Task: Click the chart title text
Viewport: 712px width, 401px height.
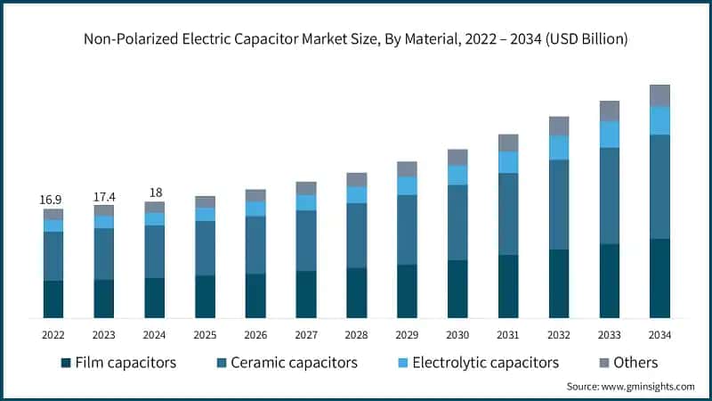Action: [356, 39]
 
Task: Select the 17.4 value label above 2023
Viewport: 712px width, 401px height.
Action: [104, 195]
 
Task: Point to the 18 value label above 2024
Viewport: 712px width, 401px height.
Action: [155, 192]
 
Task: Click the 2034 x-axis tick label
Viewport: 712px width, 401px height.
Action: [659, 335]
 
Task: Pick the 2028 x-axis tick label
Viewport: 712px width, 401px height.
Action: [356, 335]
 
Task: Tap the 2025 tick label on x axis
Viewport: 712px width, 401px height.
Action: [205, 335]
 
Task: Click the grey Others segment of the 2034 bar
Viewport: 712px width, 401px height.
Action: [659, 95]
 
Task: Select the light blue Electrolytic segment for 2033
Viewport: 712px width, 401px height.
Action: [609, 134]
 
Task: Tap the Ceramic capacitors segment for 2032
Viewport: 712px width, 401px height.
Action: [558, 204]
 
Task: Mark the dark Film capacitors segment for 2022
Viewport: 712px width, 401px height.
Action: [53, 299]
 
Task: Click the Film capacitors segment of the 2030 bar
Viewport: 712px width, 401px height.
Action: [457, 289]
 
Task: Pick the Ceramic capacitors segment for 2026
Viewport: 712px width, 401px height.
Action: [255, 244]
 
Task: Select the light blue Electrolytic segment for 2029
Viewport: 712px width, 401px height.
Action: [407, 185]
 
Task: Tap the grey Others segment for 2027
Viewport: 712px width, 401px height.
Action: [306, 188]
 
